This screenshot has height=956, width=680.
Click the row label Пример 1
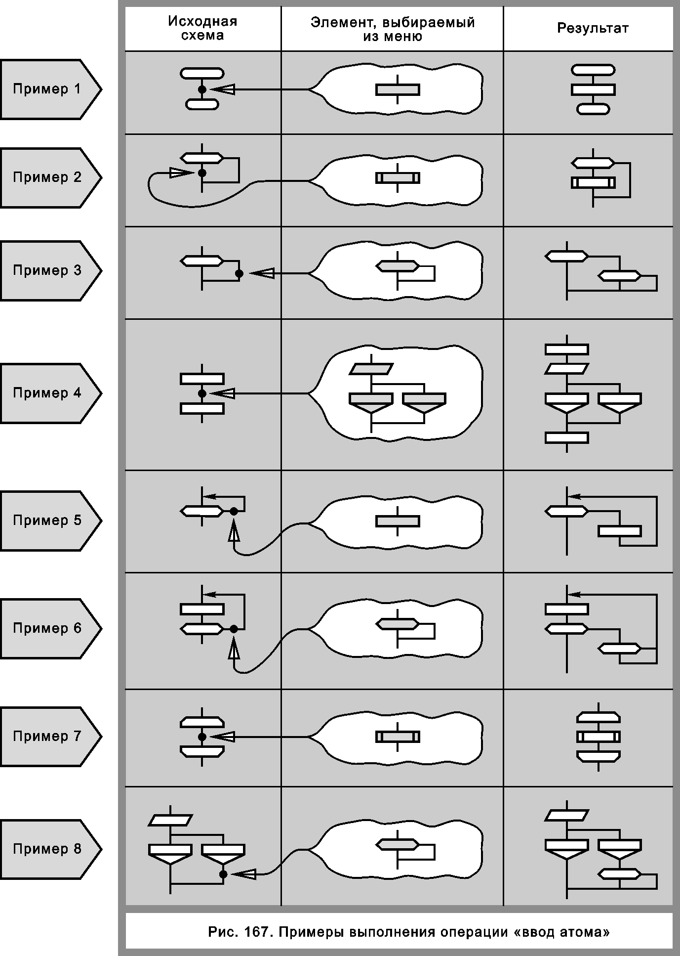[47, 89]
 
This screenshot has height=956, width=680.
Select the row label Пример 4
[47, 393]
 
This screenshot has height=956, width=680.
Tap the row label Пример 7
[47, 736]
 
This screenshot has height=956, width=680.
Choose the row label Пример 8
[47, 849]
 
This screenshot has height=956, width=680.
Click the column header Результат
[593, 28]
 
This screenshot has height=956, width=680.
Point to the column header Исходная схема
[202, 28]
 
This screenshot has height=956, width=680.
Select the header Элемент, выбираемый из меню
[393, 29]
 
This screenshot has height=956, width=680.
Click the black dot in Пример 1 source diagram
[202, 89]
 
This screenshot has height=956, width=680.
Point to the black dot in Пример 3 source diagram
[239, 273]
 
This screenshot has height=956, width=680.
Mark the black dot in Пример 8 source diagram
[223, 874]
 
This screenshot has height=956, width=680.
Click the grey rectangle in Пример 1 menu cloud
[398, 89]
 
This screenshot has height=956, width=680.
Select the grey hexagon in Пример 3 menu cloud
[398, 266]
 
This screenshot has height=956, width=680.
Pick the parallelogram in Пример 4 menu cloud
[371, 369]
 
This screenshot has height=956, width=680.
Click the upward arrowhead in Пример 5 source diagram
[234, 533]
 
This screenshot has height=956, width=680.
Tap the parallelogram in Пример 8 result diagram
[567, 815]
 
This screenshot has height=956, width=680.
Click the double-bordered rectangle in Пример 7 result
[599, 737]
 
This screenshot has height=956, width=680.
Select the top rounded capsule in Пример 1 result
[593, 70]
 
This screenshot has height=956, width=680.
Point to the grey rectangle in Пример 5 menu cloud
[398, 521]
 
